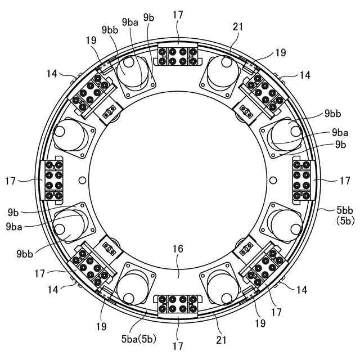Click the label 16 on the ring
pos(178,249)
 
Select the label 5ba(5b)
pos(139,339)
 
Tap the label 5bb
pos(345,210)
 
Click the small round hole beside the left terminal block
pos(82,180)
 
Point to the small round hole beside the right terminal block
pos(273,180)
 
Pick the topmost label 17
pos(178,15)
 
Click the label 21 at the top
pos(237,27)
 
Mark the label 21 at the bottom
pos(221,340)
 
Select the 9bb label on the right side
pos(332,114)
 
